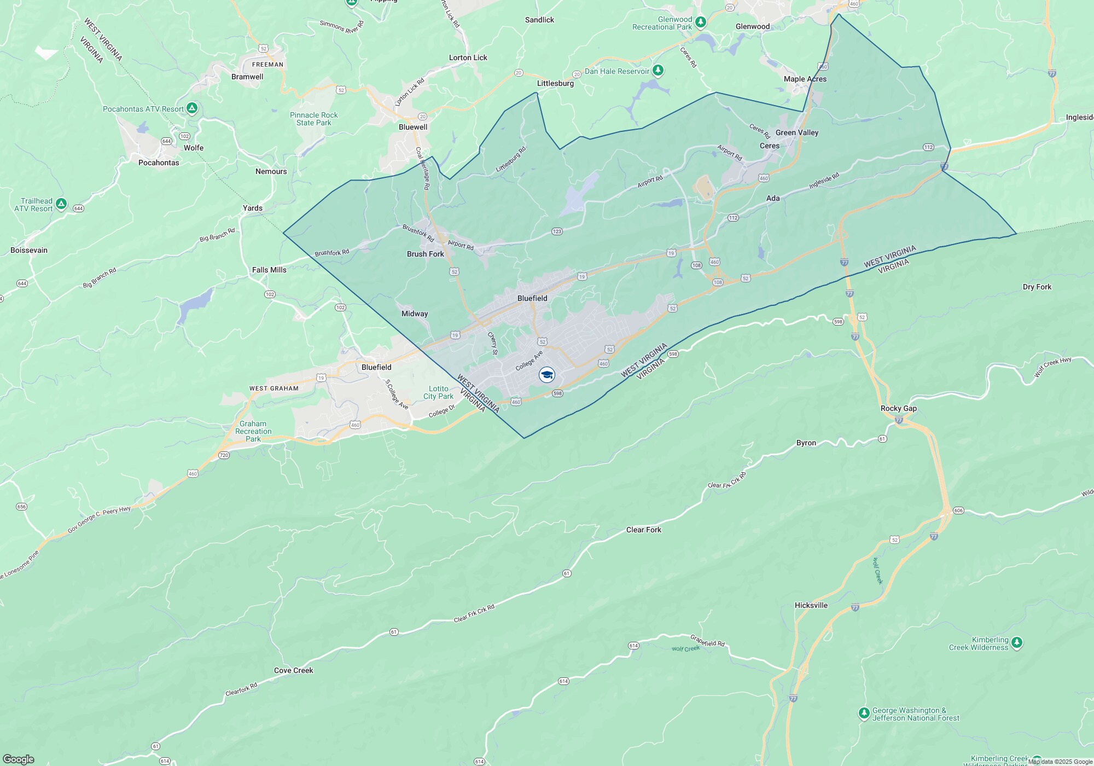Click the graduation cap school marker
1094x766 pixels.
[x=546, y=375]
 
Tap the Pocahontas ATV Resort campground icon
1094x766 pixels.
[x=192, y=108]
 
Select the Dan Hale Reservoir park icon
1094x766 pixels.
[x=659, y=71]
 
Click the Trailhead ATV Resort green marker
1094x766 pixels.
[x=61, y=204]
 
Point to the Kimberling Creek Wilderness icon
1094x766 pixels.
[x=1016, y=643]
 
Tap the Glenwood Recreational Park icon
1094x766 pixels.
[x=701, y=22]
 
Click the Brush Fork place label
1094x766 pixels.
[x=426, y=254]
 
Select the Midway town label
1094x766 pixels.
[x=415, y=314]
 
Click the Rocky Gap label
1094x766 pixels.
[x=898, y=408]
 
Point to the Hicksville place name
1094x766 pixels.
[x=811, y=605]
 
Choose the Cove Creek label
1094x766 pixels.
[x=293, y=670]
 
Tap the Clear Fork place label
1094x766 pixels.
[x=643, y=530]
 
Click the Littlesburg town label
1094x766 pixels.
[x=555, y=83]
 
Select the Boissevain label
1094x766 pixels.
[x=29, y=250]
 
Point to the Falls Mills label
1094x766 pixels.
[x=269, y=270]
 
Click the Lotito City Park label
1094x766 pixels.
[x=438, y=392]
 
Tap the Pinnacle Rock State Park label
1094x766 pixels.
[x=314, y=119]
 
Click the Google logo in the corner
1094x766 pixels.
[x=18, y=759]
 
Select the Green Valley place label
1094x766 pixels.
[x=796, y=132]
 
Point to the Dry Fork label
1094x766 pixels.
[x=1037, y=287]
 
